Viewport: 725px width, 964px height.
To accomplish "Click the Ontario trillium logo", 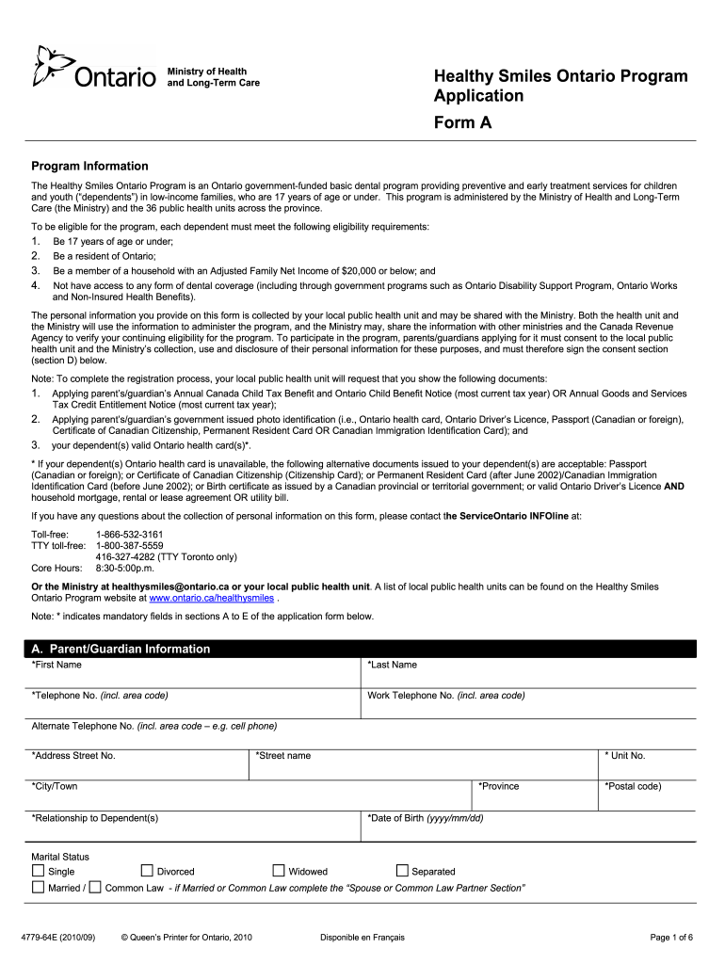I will [x=47, y=68].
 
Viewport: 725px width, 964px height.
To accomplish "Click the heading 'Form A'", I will [x=462, y=122].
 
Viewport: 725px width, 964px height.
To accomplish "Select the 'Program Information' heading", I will [x=89, y=166].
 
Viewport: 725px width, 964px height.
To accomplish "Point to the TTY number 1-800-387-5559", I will [x=129, y=545].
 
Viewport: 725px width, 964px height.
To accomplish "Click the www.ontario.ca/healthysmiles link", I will [x=212, y=598].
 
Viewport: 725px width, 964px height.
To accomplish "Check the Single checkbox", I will [x=38, y=871].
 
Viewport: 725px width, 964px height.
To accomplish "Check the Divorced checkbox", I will [x=147, y=871].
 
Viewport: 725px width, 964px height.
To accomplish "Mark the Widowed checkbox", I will [x=279, y=871].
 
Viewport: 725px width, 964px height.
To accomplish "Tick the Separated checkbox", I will [x=402, y=871].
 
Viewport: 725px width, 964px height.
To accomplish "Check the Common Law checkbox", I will [x=94, y=887].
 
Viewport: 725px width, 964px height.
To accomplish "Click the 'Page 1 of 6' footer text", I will [x=671, y=937].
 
